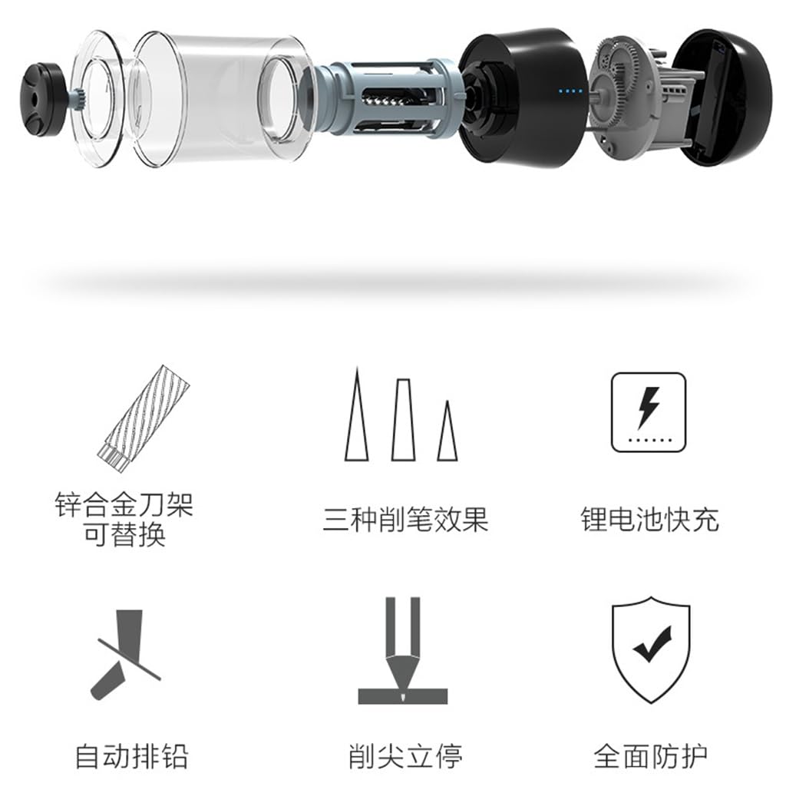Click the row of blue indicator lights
click(571, 91)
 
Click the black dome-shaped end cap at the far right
click(722, 97)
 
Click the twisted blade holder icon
click(144, 418)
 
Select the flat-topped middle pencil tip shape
click(403, 420)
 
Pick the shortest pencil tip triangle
click(447, 431)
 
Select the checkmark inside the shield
click(652, 643)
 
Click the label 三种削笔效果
click(405, 519)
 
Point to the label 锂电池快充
click(650, 519)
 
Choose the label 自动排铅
click(132, 756)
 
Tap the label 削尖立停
click(405, 756)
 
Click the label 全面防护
click(651, 756)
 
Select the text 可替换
click(124, 534)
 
